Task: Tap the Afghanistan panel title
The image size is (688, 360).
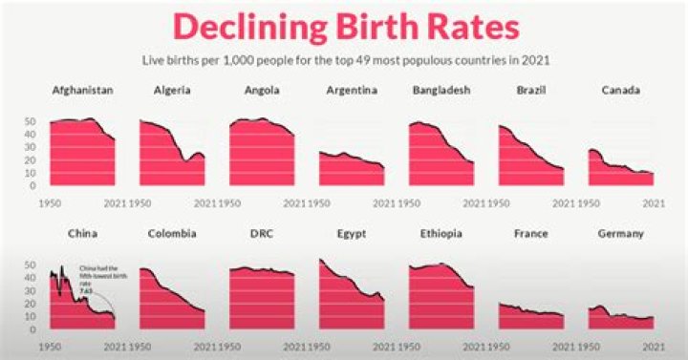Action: (x=82, y=91)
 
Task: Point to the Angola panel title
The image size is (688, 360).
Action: (x=262, y=91)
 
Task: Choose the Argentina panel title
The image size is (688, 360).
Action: (x=352, y=91)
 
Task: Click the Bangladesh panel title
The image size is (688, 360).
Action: (x=441, y=91)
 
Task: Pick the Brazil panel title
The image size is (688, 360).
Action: (x=531, y=91)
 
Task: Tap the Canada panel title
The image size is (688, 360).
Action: (x=621, y=91)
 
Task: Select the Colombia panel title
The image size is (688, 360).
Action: (x=172, y=233)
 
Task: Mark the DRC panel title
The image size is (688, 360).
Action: (x=262, y=233)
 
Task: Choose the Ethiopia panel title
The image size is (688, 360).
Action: (x=441, y=233)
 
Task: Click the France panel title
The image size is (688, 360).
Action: (x=531, y=233)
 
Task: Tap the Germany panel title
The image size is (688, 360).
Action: (x=621, y=233)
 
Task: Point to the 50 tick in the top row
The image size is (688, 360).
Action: (x=30, y=122)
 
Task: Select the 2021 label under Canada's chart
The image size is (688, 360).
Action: (x=654, y=202)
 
